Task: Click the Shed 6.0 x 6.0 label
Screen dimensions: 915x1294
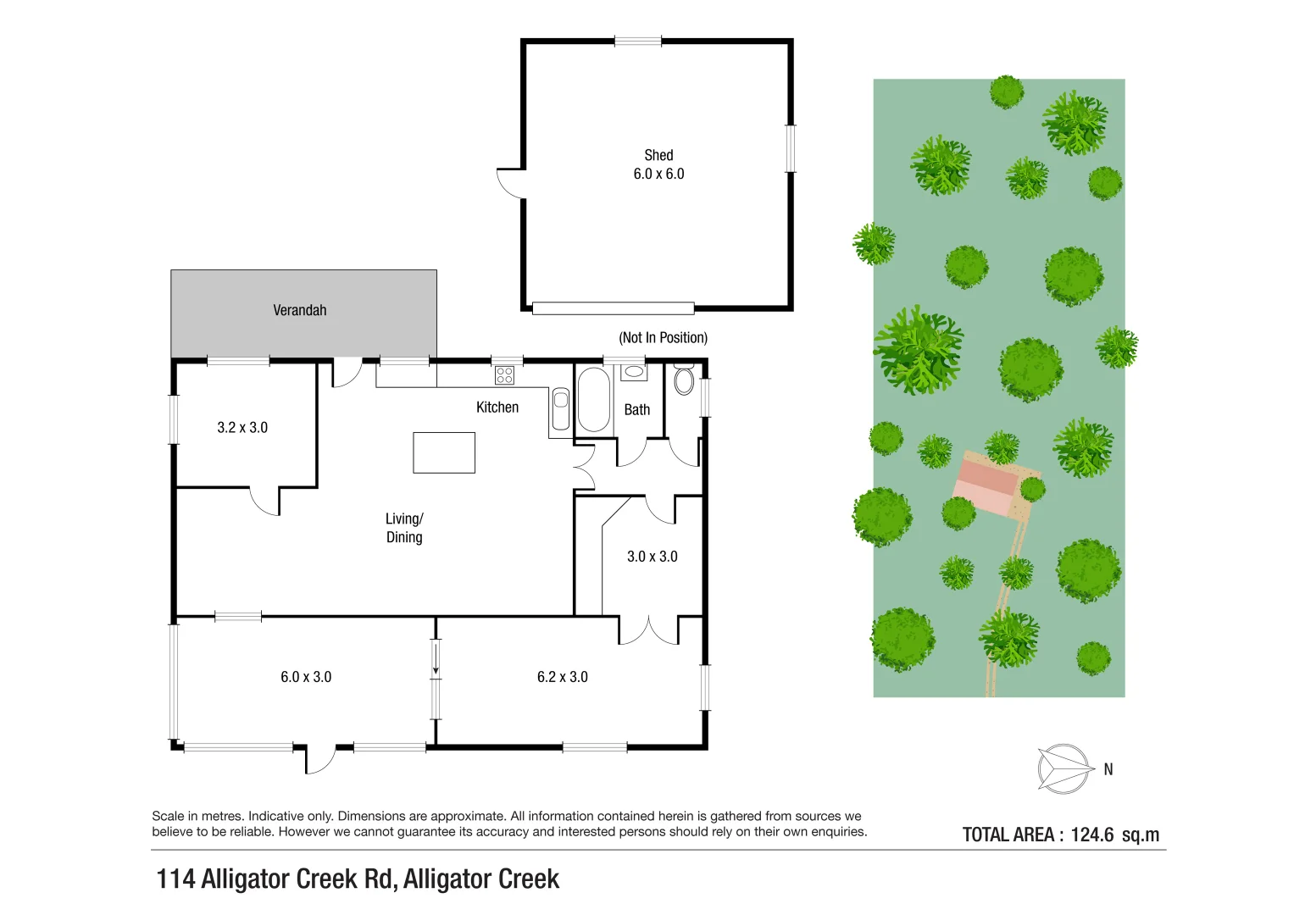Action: [x=658, y=164]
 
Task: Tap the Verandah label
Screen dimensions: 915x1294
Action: [x=299, y=310]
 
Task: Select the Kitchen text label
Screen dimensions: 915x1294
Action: [x=497, y=408]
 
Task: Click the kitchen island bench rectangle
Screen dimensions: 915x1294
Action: [x=444, y=452]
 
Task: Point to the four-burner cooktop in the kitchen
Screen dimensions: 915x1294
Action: [x=504, y=374]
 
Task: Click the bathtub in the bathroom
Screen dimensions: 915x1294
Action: [x=593, y=400]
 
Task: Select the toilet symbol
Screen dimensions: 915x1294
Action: [x=683, y=380]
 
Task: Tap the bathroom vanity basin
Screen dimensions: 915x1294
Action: [x=633, y=372]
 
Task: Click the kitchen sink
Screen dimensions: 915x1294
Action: [x=560, y=410]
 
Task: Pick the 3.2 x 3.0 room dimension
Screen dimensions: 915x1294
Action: [x=242, y=428]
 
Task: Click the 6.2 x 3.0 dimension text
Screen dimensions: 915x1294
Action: [x=562, y=677]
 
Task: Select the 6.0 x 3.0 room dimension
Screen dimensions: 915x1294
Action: [x=306, y=677]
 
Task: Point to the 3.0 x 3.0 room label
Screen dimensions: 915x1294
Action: [x=652, y=557]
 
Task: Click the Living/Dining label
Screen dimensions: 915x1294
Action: [x=404, y=528]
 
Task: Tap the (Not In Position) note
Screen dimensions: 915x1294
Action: [x=663, y=337]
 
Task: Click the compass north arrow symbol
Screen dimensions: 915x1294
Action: [x=1064, y=769]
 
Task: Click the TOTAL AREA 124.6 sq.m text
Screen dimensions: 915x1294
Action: [x=1060, y=835]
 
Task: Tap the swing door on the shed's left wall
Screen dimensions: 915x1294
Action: [x=511, y=183]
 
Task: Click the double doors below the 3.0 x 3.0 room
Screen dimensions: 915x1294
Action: [x=648, y=630]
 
